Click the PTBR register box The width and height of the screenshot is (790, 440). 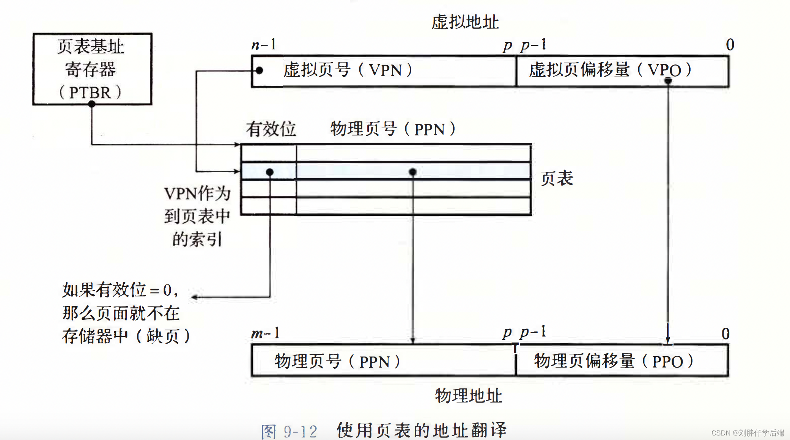pyautogui.click(x=92, y=69)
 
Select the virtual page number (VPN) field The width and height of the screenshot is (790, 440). pyautogui.click(x=383, y=71)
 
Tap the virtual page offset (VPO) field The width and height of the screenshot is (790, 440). pyautogui.click(x=622, y=71)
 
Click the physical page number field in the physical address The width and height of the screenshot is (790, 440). pyautogui.click(x=383, y=361)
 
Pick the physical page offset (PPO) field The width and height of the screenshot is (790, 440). pyautogui.click(x=622, y=361)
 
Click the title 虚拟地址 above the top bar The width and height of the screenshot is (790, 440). pyautogui.click(x=465, y=22)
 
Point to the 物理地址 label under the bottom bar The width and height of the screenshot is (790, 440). pyautogui.click(x=468, y=396)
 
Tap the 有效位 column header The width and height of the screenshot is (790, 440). pyautogui.click(x=271, y=129)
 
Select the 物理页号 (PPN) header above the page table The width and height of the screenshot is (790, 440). pyautogui.click(x=393, y=129)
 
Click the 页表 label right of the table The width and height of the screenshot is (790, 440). pyautogui.click(x=557, y=178)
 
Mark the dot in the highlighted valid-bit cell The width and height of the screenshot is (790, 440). pyautogui.click(x=270, y=172)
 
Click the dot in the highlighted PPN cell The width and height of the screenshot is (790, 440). pyautogui.click(x=412, y=172)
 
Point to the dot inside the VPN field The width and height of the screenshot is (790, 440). pyautogui.click(x=259, y=71)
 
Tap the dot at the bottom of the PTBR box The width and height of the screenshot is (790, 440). pyautogui.click(x=92, y=104)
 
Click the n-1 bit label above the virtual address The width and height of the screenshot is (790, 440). pyautogui.click(x=264, y=45)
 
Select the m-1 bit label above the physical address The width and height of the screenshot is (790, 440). pyautogui.click(x=265, y=333)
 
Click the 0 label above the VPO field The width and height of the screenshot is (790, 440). pyautogui.click(x=730, y=45)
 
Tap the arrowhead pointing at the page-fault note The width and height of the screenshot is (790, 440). pyautogui.click(x=195, y=297)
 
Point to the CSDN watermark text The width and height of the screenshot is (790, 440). pyautogui.click(x=747, y=433)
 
